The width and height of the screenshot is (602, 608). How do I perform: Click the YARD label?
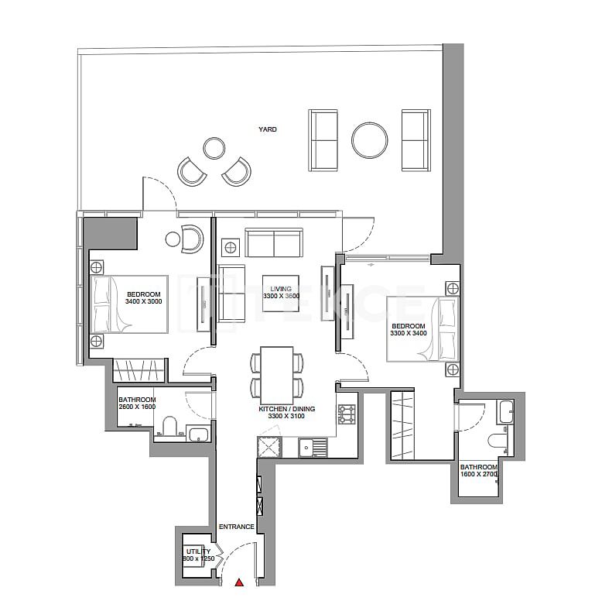tap(268, 129)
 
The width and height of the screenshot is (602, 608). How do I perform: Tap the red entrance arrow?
tap(240, 582)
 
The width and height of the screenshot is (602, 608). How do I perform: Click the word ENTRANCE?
tap(236, 527)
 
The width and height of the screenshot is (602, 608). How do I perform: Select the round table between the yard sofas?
tap(369, 140)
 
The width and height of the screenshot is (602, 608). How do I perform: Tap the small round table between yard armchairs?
tap(214, 147)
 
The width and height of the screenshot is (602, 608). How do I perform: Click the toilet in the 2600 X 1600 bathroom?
tap(169, 428)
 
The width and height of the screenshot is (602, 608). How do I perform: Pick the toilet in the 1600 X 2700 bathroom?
tap(496, 441)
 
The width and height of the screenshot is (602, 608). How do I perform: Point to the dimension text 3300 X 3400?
tap(408, 334)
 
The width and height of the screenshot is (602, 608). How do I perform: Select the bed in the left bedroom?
tap(130, 304)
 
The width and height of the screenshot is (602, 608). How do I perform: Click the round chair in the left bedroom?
tap(191, 239)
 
